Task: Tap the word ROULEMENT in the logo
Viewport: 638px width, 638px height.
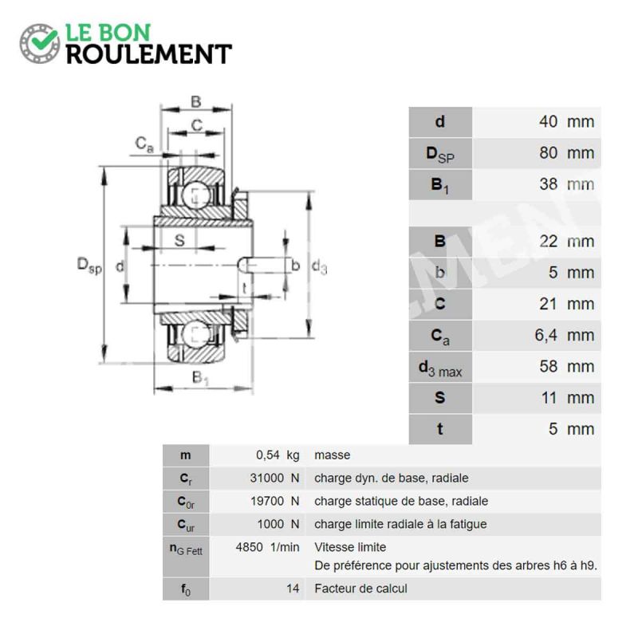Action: [x=149, y=54]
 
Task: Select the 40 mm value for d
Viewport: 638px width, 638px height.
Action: [x=566, y=122]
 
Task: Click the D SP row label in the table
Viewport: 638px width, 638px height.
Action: [x=440, y=154]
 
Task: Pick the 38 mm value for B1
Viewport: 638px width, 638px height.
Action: [x=566, y=184]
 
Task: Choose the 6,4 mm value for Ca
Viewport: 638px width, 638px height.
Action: [x=564, y=335]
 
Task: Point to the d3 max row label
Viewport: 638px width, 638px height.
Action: [x=440, y=368]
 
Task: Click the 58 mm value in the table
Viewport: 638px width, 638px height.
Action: [x=566, y=367]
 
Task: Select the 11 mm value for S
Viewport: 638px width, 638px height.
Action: [x=567, y=398]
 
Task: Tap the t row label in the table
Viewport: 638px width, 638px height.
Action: [x=440, y=429]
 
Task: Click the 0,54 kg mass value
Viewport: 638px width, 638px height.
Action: [x=278, y=455]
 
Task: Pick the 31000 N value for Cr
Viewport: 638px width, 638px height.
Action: [x=274, y=478]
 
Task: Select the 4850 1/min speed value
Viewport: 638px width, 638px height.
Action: [x=267, y=547]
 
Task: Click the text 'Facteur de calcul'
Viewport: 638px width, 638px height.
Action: [x=360, y=589]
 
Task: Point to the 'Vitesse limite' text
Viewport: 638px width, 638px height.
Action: [x=350, y=547]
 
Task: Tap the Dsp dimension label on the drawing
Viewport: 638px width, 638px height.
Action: [x=89, y=266]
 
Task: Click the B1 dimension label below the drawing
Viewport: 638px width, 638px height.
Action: [x=200, y=378]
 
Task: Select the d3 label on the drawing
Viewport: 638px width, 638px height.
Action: [x=319, y=267]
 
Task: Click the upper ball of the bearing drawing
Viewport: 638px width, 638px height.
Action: [x=196, y=195]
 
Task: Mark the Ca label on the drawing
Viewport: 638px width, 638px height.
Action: [x=144, y=144]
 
